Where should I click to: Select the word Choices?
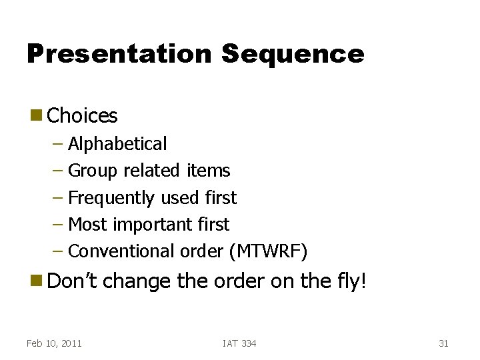(83, 116)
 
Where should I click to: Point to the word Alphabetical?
(117, 144)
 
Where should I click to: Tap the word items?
(208, 171)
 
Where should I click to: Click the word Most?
(88, 225)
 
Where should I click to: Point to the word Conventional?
(122, 251)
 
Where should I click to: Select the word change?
(137, 281)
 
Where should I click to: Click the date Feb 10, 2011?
(54, 343)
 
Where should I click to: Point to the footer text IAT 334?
(239, 343)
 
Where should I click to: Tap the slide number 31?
(443, 343)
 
